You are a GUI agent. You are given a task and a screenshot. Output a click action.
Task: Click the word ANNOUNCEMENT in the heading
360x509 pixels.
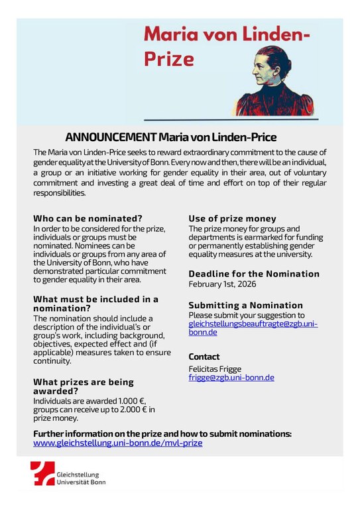(x=110, y=137)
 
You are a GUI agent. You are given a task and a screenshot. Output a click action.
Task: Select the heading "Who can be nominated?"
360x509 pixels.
(x=88, y=218)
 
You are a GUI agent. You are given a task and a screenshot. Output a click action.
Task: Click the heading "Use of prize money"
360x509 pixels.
(x=232, y=218)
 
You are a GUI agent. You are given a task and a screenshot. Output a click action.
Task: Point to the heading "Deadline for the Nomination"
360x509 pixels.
(x=254, y=274)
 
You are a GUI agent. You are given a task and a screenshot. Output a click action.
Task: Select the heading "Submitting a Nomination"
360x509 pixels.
(x=245, y=305)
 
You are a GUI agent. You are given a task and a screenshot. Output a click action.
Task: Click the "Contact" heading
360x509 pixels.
(x=204, y=357)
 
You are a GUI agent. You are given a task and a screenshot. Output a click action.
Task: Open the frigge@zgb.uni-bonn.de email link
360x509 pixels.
(x=231, y=378)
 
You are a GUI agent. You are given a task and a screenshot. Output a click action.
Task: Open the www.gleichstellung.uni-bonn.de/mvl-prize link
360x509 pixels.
(x=118, y=443)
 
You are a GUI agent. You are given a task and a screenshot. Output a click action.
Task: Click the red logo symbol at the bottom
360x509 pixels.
(x=43, y=475)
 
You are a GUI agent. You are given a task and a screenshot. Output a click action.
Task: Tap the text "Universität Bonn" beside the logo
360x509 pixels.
(x=81, y=482)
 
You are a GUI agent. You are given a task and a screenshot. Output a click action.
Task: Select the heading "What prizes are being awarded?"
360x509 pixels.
(x=84, y=386)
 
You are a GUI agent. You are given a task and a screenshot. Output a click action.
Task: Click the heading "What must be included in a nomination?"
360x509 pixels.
(x=95, y=304)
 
